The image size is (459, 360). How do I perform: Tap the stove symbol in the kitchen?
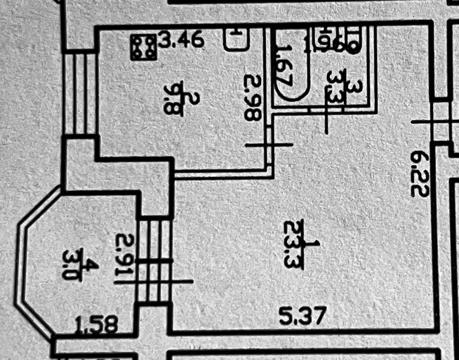point(144,47)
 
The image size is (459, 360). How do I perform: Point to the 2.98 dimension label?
point(253,97)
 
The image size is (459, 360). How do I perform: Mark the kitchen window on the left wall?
point(80,93)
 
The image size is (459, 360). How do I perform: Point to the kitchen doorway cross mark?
point(269,145)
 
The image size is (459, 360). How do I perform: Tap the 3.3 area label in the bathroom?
point(336,87)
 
